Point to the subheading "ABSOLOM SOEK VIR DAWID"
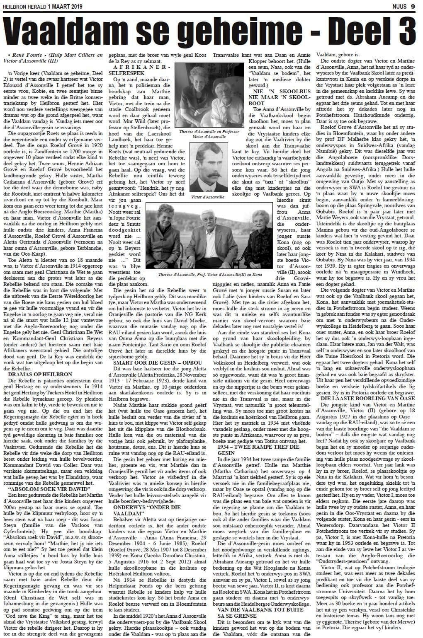(41, 488)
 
